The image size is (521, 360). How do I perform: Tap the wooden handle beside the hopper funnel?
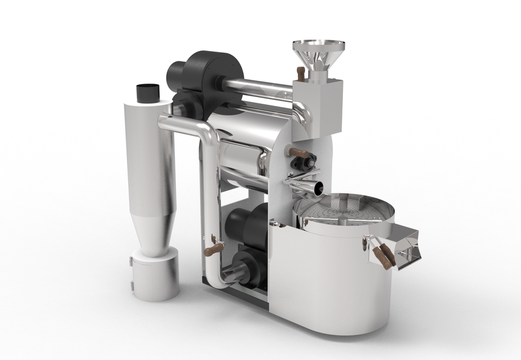pyautogui.click(x=298, y=72)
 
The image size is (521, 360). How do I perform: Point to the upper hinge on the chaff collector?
pyautogui.click(x=132, y=263)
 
